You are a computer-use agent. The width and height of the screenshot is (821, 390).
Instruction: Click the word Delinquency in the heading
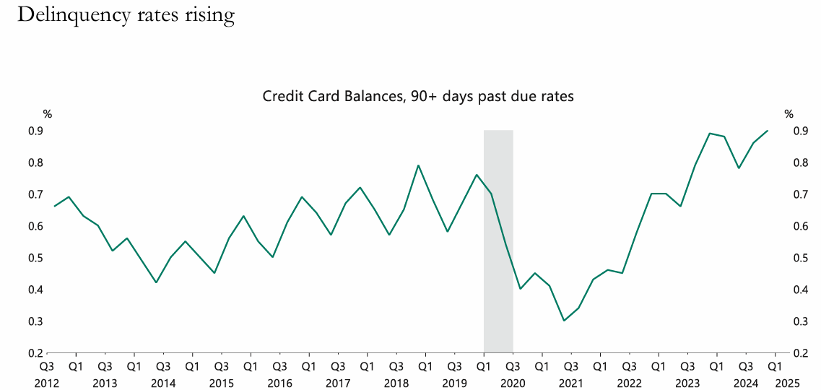[x=73, y=15]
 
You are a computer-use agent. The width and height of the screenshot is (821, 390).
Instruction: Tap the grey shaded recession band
[x=498, y=238]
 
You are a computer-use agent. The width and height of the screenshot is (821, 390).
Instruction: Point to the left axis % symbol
[x=48, y=114]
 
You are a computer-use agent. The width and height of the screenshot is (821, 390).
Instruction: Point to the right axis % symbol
[x=789, y=114]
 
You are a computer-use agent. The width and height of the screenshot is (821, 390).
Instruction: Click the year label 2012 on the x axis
[x=47, y=382]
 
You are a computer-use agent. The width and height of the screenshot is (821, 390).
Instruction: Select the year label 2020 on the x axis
[x=513, y=382]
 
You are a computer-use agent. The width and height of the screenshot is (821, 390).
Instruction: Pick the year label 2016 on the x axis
[x=279, y=382]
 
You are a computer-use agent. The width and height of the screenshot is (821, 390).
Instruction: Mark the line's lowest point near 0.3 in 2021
[x=564, y=321]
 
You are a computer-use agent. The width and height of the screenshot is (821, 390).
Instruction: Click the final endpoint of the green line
[x=768, y=131]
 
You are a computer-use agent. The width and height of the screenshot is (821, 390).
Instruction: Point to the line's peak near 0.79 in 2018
[x=418, y=165]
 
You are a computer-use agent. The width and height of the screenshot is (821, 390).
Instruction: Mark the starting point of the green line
[x=55, y=207]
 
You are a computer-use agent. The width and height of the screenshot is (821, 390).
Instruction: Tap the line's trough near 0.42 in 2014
[x=156, y=282]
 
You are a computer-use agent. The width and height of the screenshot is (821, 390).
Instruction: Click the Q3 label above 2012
[x=47, y=366]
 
